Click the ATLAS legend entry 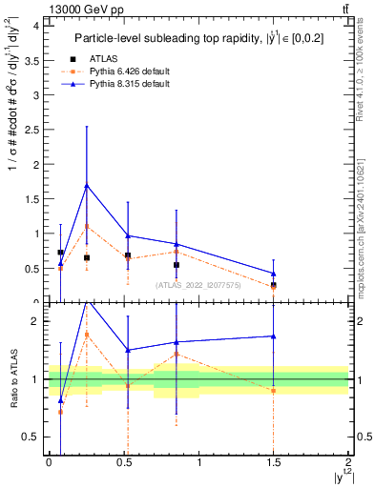click(x=106, y=58)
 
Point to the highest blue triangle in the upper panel click(x=87, y=186)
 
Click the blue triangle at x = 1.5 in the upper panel click(x=274, y=273)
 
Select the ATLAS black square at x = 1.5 click(x=274, y=284)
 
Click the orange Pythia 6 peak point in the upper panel click(x=87, y=226)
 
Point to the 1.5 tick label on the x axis click(x=274, y=462)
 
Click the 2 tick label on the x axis click(x=349, y=462)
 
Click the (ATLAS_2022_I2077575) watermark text click(x=198, y=285)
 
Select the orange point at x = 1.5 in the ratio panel click(x=274, y=391)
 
